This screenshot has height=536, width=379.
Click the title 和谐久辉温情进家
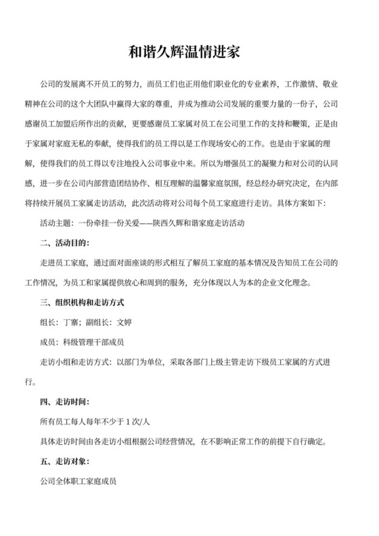(x=189, y=51)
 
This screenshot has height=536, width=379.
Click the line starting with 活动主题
(x=142, y=223)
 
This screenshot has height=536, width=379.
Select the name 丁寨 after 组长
(x=71, y=322)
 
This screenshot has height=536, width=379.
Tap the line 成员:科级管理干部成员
(x=83, y=342)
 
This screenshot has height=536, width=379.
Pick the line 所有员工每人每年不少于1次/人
(x=95, y=422)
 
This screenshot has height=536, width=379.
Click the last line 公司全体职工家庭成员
(x=80, y=483)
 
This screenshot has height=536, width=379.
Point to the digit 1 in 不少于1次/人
(x=127, y=422)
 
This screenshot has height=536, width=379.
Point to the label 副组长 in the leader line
(x=99, y=322)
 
